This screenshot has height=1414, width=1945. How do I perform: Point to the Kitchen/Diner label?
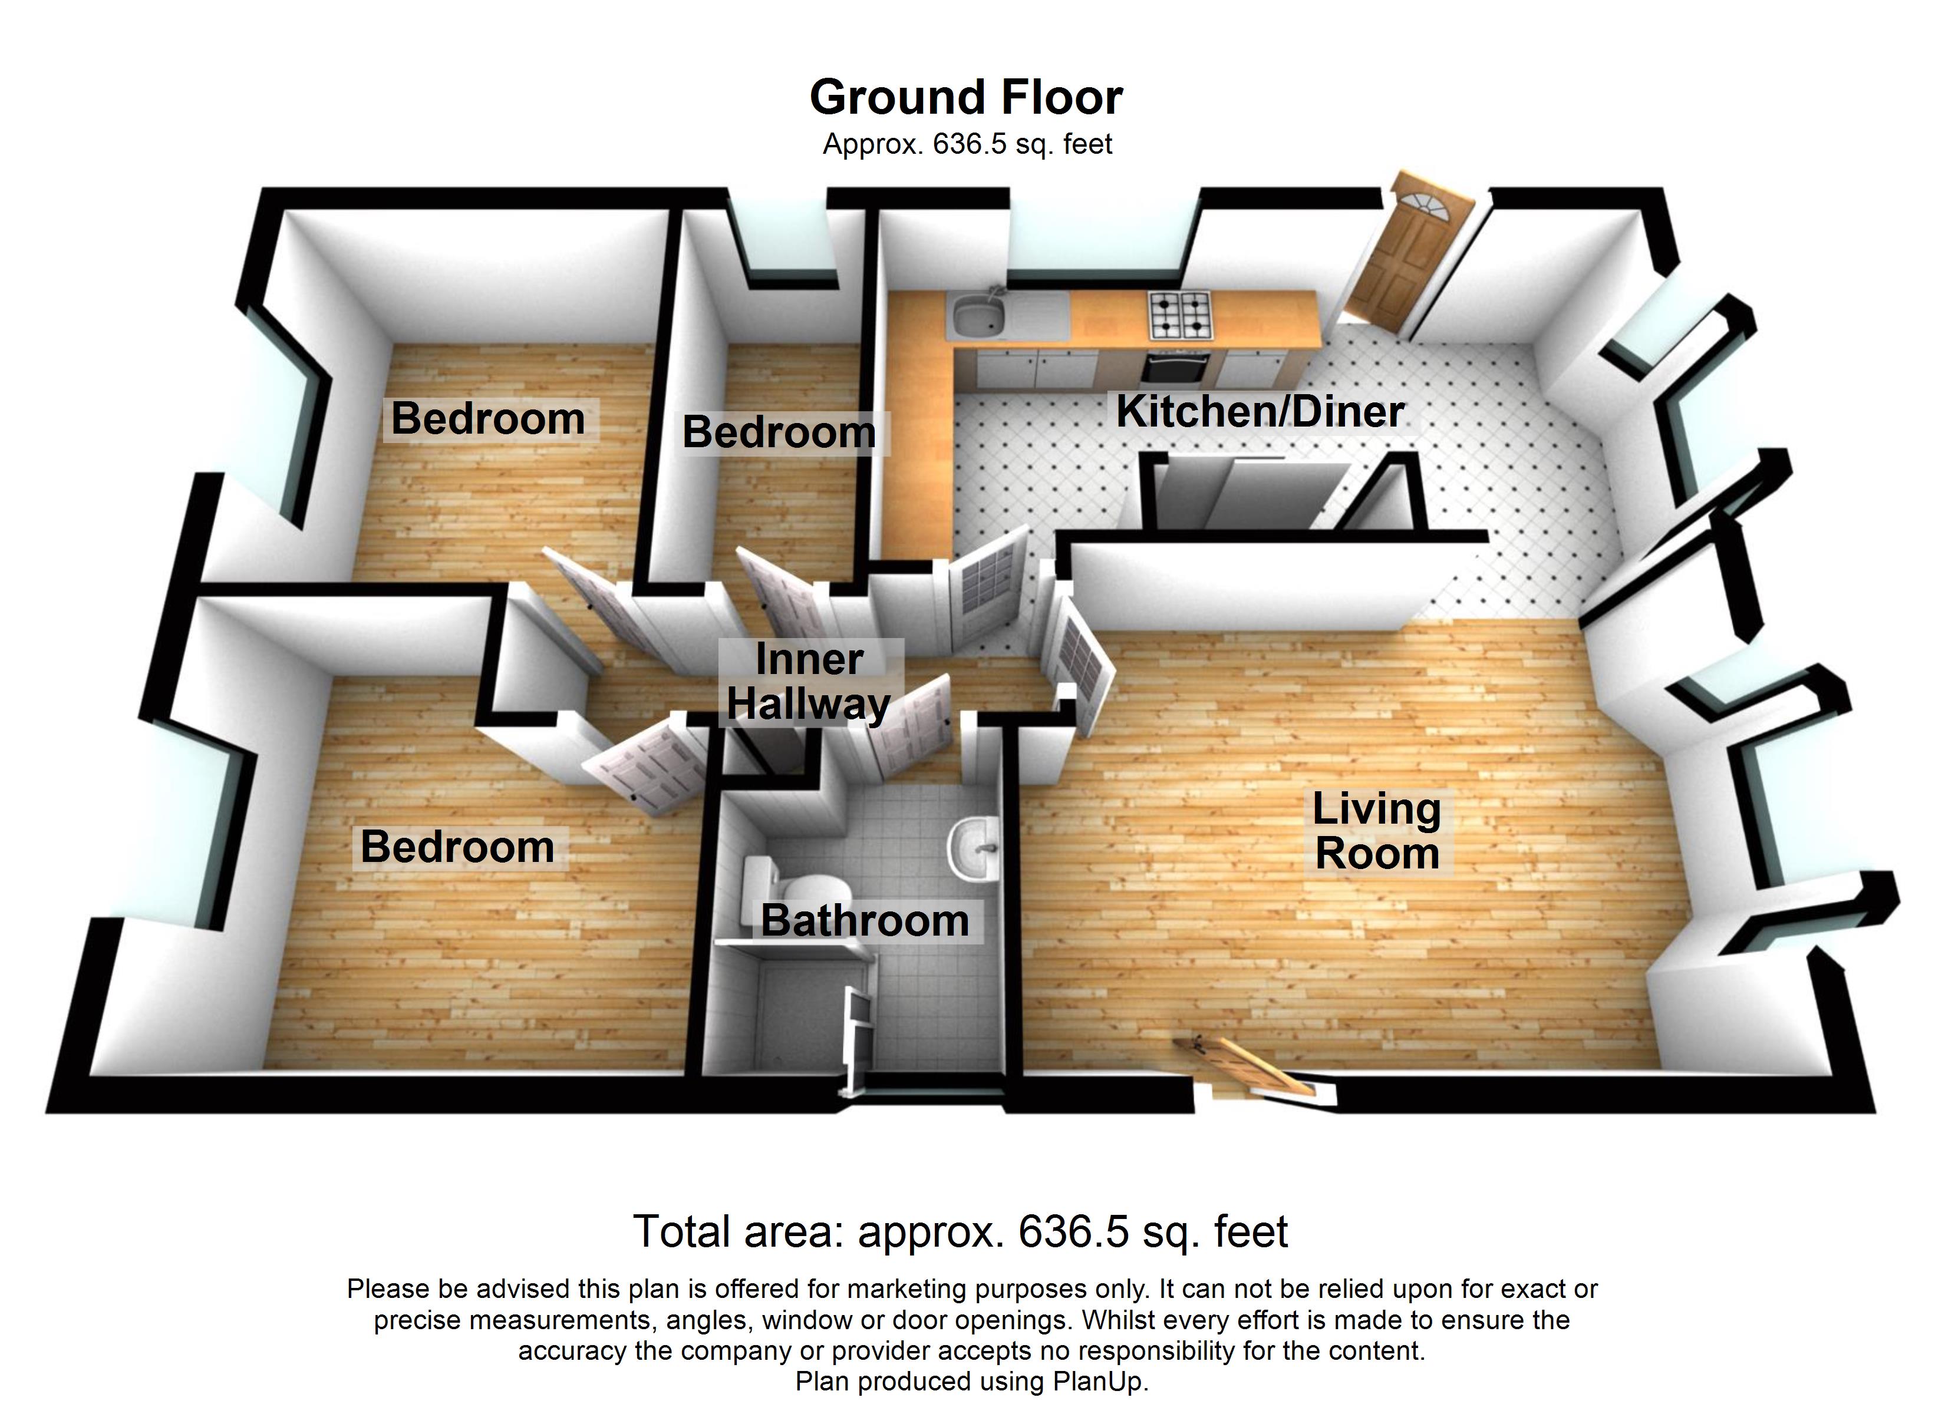(1259, 412)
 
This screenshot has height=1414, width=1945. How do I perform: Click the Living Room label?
(1376, 831)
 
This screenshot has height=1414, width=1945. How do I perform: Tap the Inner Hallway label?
(808, 682)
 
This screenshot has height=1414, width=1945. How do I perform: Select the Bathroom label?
(865, 920)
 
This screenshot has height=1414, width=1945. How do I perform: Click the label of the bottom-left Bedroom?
(457, 847)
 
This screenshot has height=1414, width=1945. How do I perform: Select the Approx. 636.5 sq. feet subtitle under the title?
(967, 144)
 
